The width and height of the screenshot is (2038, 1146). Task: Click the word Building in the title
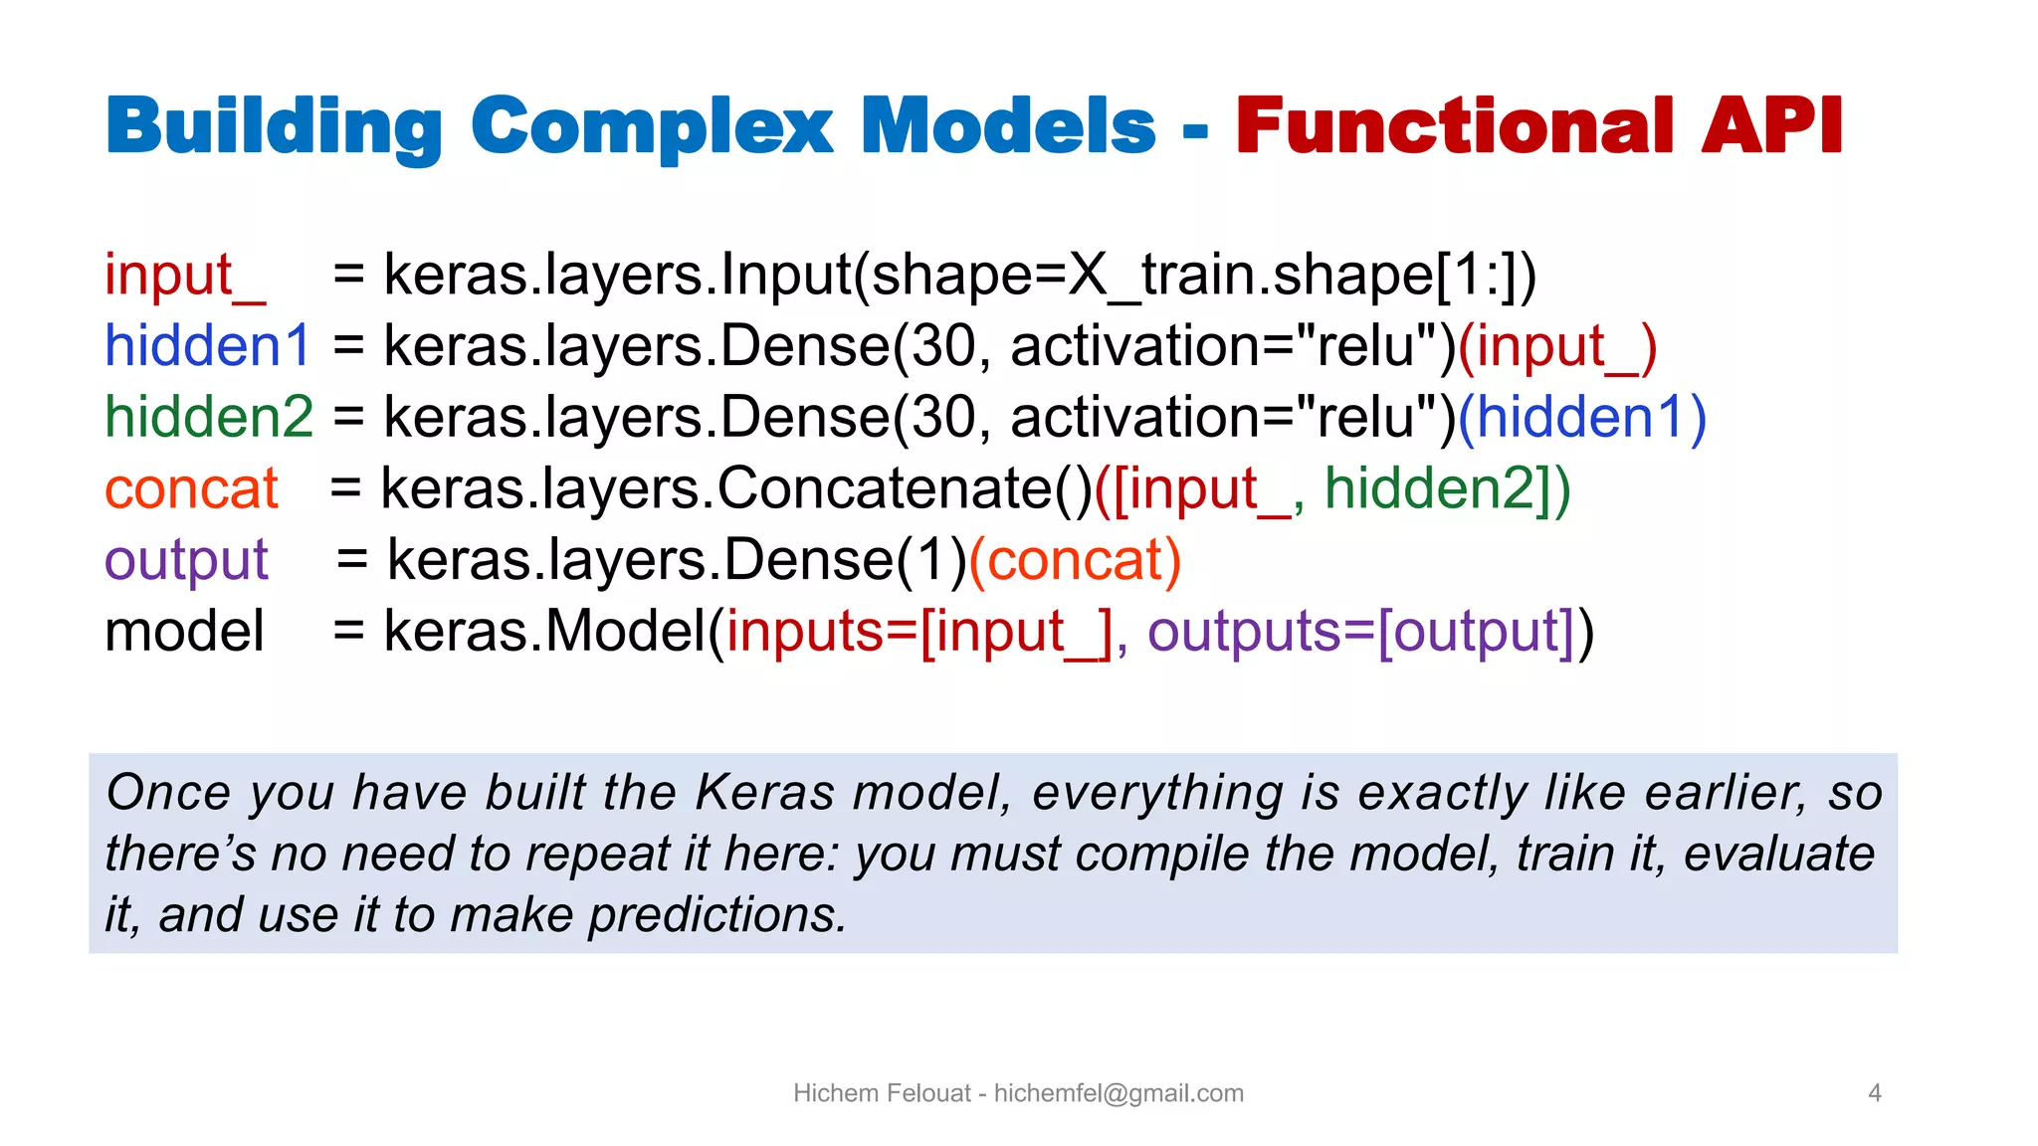(x=274, y=127)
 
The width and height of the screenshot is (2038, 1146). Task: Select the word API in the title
(x=1771, y=127)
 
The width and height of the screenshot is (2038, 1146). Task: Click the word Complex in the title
(x=652, y=127)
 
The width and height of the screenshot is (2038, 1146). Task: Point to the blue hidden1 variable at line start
(x=208, y=346)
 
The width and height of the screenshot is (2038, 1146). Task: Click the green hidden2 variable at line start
(x=209, y=417)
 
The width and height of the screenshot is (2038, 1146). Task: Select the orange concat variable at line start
(x=191, y=489)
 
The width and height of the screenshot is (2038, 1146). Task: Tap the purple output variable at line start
(x=186, y=560)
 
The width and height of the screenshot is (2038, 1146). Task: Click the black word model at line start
(x=184, y=632)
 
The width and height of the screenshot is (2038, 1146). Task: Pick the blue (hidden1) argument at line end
(x=1582, y=417)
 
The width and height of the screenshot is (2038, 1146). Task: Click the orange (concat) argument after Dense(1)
(x=1075, y=560)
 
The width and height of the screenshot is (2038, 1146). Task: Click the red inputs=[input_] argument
(x=919, y=632)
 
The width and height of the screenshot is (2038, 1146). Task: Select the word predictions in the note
(x=716, y=915)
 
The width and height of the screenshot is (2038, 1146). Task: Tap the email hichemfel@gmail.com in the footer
(x=1119, y=1093)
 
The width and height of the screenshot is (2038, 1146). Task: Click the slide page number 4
(x=1875, y=1093)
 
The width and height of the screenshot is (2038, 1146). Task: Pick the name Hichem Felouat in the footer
(x=881, y=1093)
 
